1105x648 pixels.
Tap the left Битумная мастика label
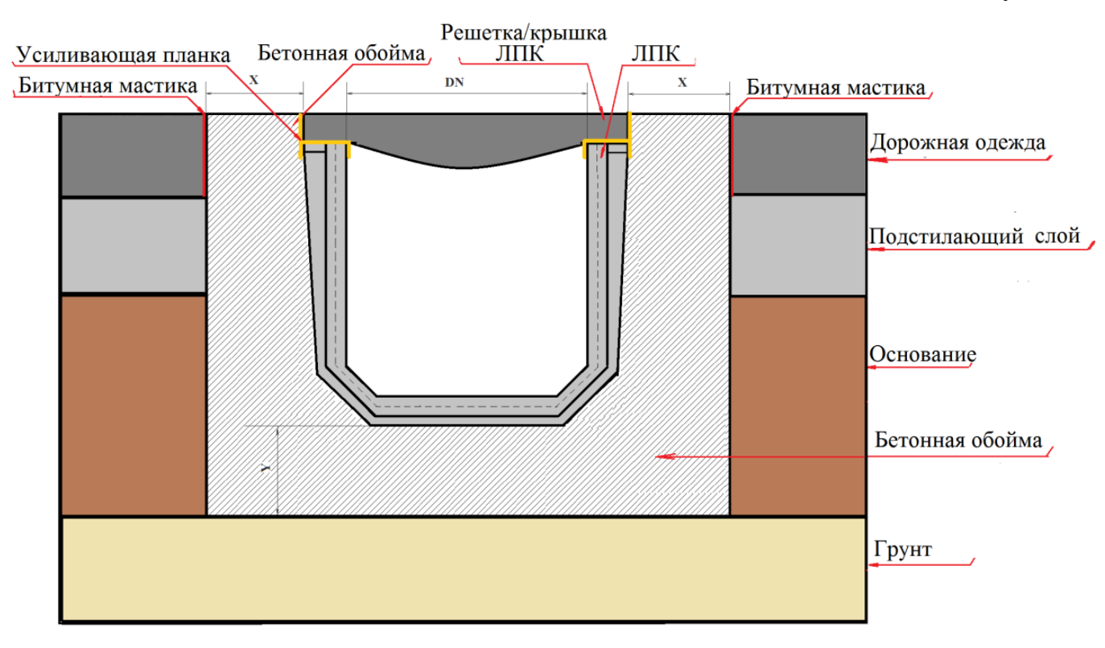pos(108,85)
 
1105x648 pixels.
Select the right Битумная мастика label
pos(835,87)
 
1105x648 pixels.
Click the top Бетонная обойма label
pos(341,54)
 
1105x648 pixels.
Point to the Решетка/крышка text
pos(524,32)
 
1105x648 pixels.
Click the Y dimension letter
pos(267,466)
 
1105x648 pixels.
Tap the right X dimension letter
pos(682,82)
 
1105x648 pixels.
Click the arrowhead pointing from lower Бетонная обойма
pos(661,456)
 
